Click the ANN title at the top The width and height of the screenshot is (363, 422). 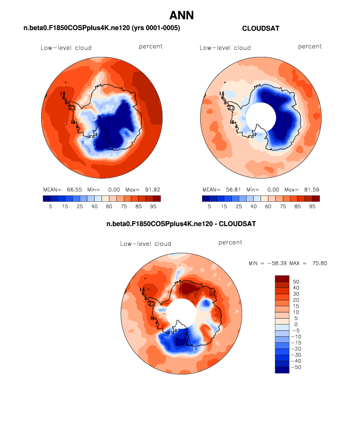(181, 15)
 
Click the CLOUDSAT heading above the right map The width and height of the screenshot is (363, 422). (260, 28)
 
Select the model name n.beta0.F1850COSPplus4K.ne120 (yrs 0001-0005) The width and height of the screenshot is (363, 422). (102, 28)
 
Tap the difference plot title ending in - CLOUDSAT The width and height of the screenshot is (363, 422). (181, 224)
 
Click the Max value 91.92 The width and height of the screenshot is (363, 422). (152, 189)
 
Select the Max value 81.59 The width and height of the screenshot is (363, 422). (311, 189)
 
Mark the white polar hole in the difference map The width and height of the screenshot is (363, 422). (181, 313)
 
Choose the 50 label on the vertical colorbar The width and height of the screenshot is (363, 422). (296, 281)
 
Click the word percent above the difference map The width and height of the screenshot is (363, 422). (230, 242)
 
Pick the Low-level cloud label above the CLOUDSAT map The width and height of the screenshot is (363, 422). (225, 48)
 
